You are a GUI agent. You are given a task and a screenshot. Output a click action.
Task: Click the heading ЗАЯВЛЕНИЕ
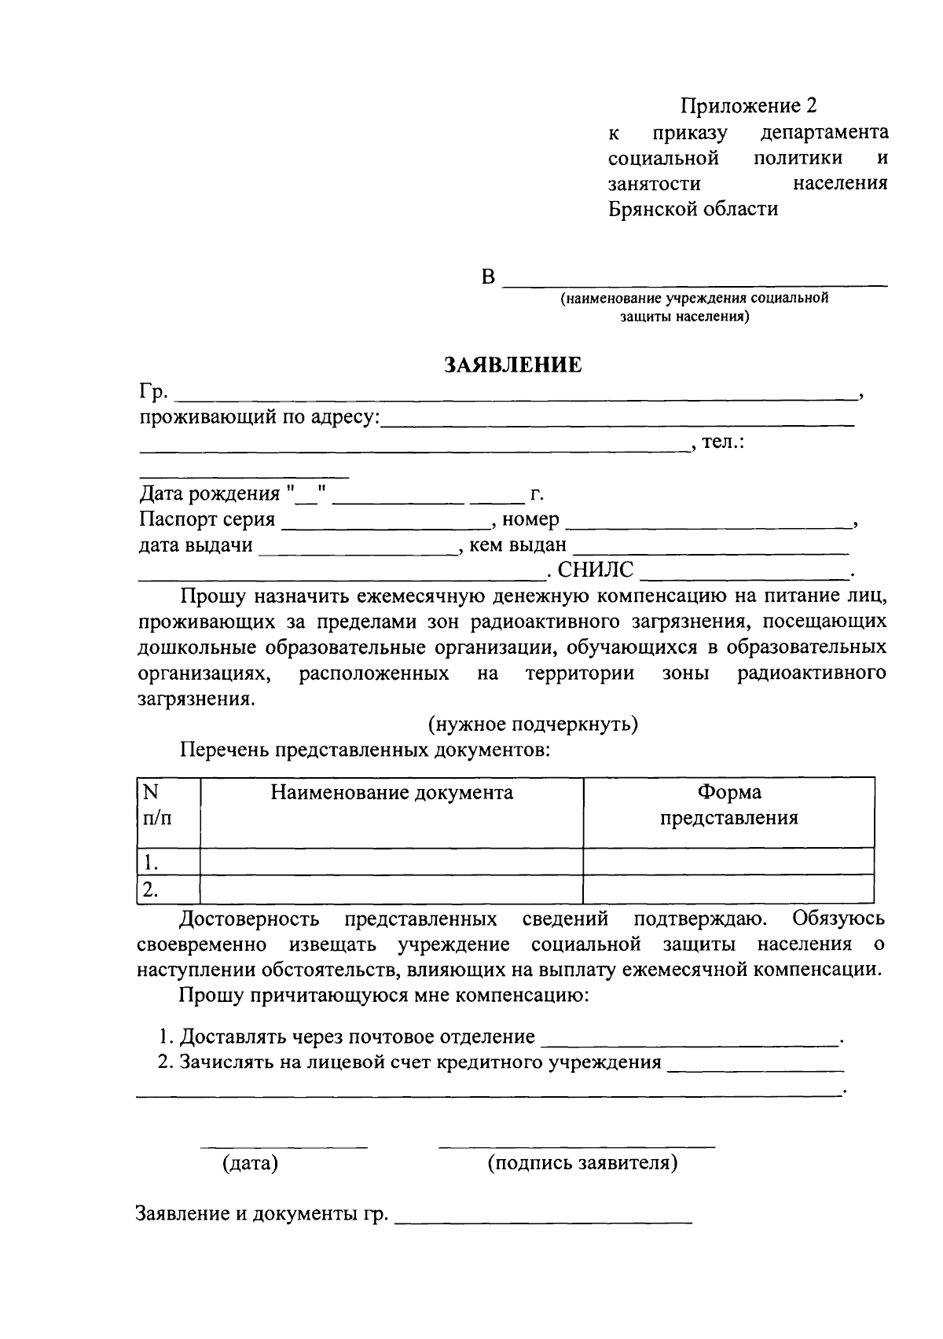coord(513,365)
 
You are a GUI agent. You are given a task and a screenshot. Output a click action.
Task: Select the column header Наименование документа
coord(391,793)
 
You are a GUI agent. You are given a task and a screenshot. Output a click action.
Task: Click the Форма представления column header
coord(728,805)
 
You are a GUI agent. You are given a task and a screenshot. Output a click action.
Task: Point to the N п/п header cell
coord(156,805)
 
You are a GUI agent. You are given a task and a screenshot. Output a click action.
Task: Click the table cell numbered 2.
coord(152,890)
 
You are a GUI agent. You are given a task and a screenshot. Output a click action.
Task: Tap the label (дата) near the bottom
coord(250,1163)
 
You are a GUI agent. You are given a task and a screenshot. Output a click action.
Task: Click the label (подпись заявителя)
coord(582,1163)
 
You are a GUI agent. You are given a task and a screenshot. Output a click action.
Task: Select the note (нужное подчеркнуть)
coord(532,725)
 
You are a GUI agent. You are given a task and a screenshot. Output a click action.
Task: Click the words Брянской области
coord(693,209)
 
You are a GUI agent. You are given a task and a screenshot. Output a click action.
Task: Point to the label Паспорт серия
coord(207,520)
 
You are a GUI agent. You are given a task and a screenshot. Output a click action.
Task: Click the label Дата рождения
coord(209,494)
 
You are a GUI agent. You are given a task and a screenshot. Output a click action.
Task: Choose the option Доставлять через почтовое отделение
coord(357,1037)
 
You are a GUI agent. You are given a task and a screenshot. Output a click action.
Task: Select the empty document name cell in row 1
coord(391,862)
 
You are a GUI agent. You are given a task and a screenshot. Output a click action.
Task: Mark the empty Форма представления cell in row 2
coord(728,890)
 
